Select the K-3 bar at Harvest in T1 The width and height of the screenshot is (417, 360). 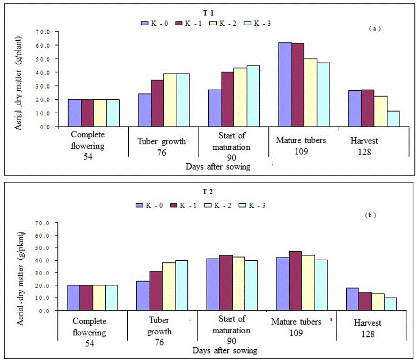pyautogui.click(x=380, y=119)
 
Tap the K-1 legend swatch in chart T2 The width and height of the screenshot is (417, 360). pyautogui.click(x=174, y=205)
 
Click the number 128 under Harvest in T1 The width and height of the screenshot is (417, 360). pyautogui.click(x=363, y=152)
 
